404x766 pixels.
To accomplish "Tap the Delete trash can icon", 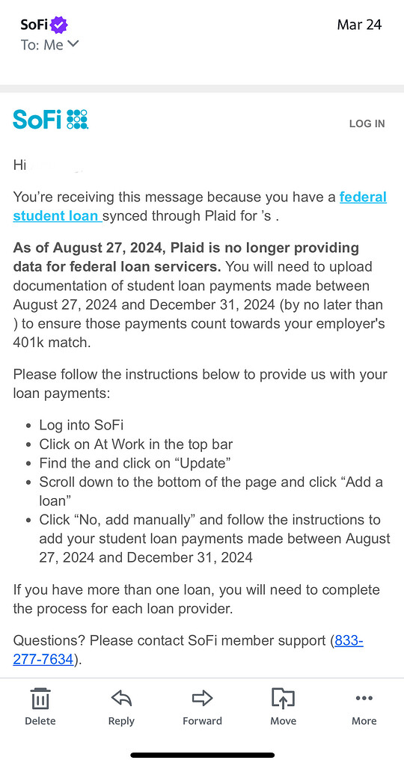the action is coord(40,699).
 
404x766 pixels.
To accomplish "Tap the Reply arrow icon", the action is coord(121,699).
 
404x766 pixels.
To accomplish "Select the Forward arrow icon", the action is coord(202,699).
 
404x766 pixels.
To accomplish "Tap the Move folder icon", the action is coord(283,699).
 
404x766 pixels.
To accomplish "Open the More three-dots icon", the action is coord(364,699).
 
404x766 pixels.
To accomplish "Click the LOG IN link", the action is coord(367,123).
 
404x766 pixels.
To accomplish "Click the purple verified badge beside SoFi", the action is coord(60,25).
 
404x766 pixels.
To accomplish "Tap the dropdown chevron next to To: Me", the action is coord(73,44).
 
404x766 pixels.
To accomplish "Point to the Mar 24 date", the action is coord(359,25).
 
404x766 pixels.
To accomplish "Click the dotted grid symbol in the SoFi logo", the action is coord(77,119).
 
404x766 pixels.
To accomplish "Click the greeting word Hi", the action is coord(19,165).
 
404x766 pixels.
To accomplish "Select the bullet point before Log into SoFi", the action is coord(28,426).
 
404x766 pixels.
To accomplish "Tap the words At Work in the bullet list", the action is coord(124,444).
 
